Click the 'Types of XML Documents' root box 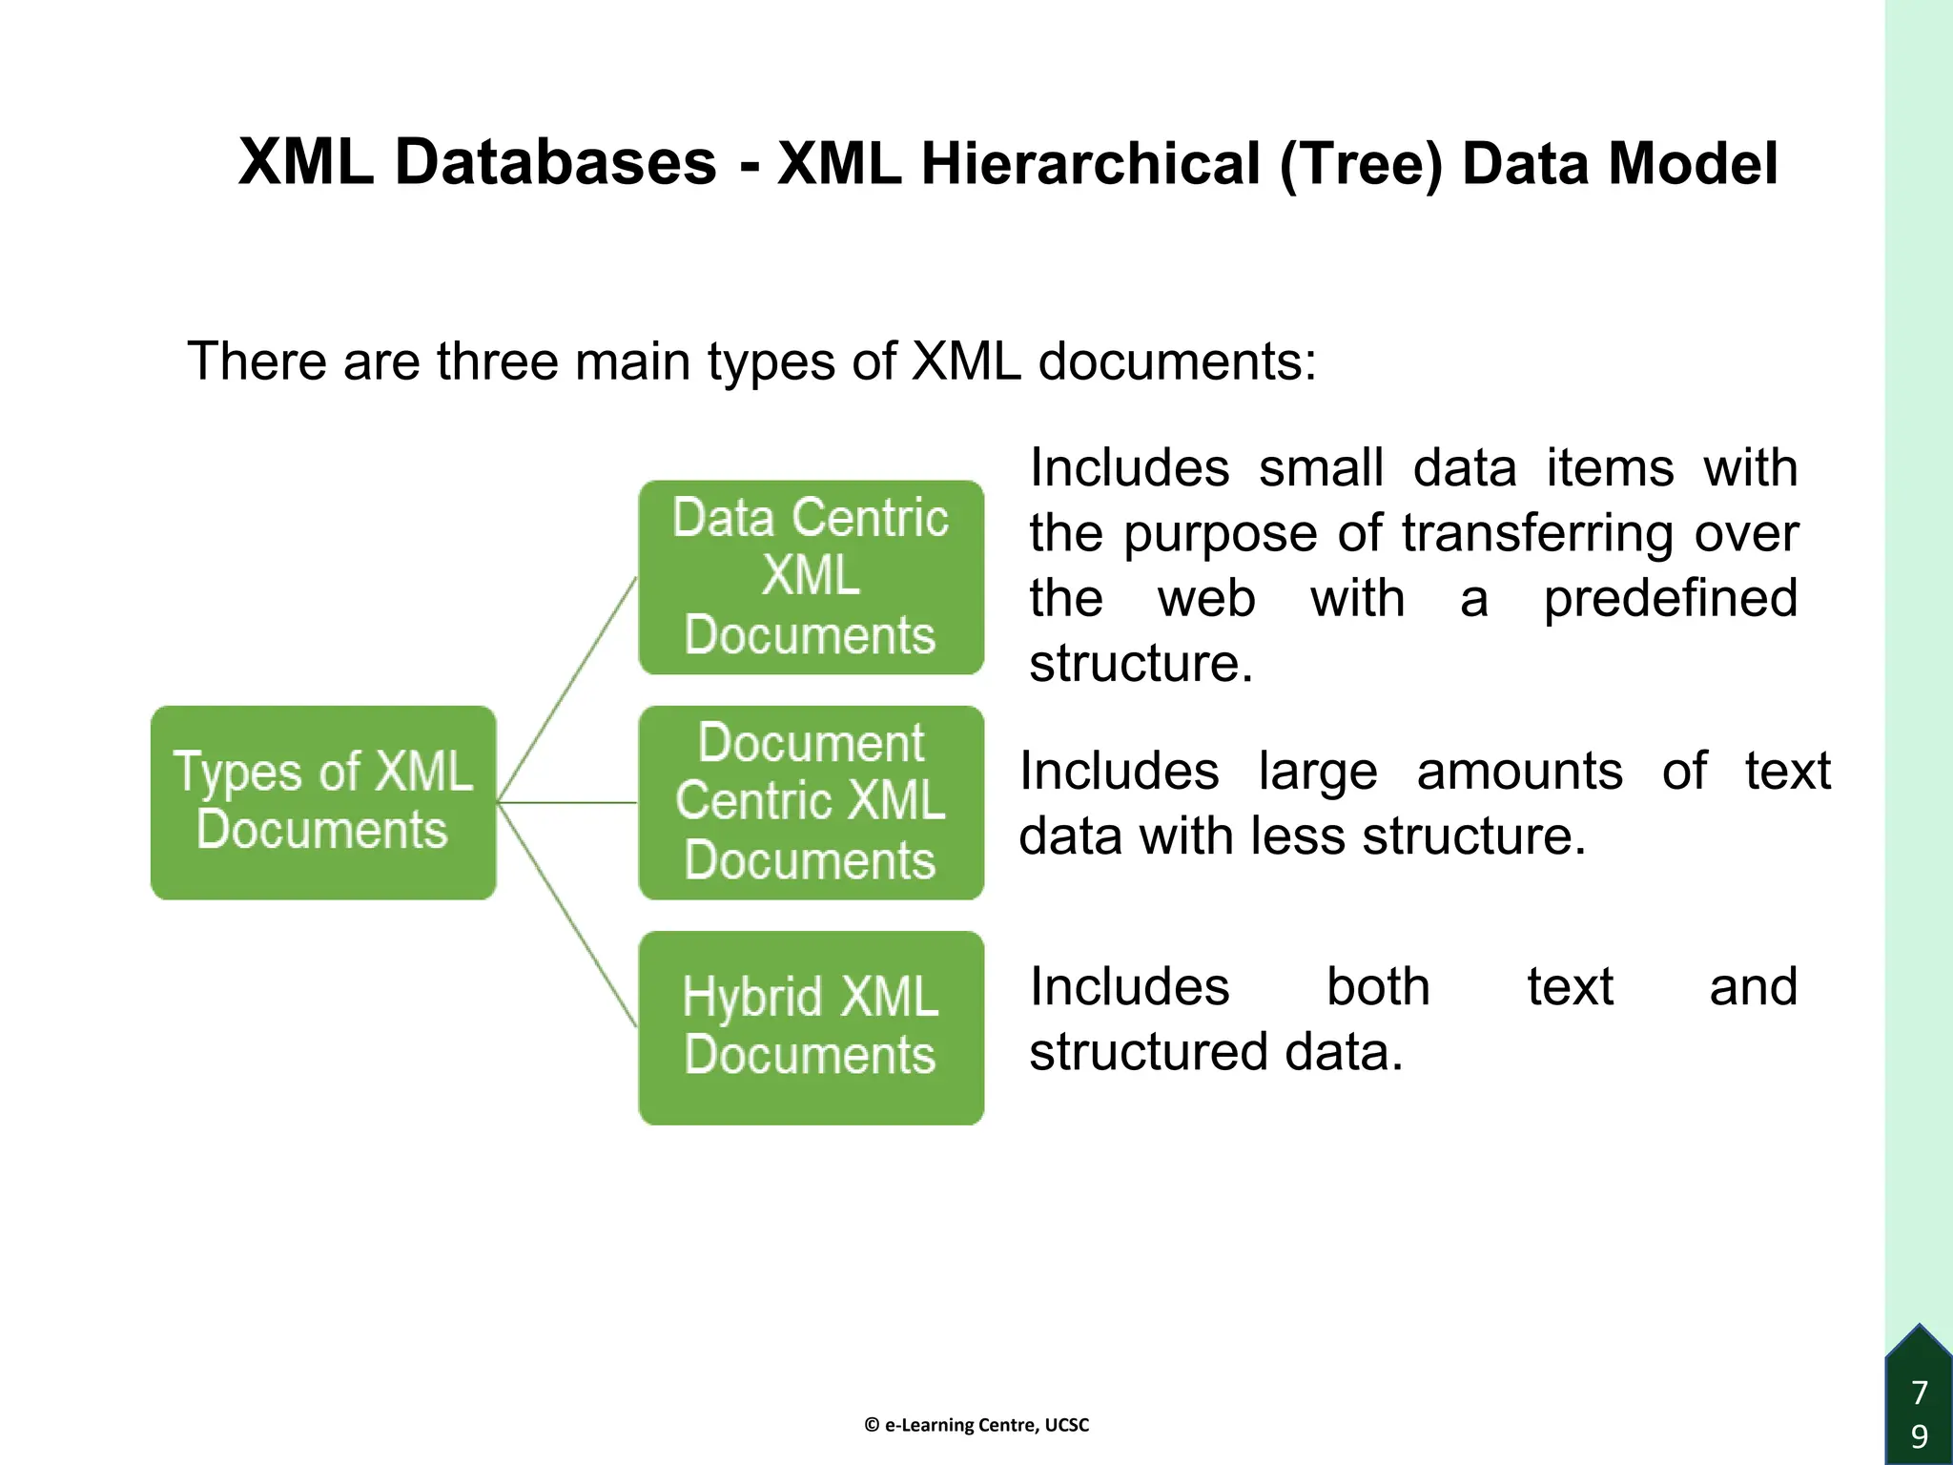point(323,802)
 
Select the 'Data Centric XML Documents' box point(811,577)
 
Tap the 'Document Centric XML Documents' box point(811,802)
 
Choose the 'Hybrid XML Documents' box point(811,1027)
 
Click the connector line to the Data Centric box point(568,688)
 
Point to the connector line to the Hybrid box point(568,916)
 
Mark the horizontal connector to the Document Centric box point(568,803)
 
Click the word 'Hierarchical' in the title point(1090,163)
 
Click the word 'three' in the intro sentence point(497,361)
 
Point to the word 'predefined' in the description point(1670,599)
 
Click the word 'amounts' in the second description point(1519,771)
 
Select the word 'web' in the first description point(1206,599)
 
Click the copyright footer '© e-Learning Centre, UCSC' point(976,1425)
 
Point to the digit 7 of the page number point(1920,1393)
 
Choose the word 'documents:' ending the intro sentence point(1177,361)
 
